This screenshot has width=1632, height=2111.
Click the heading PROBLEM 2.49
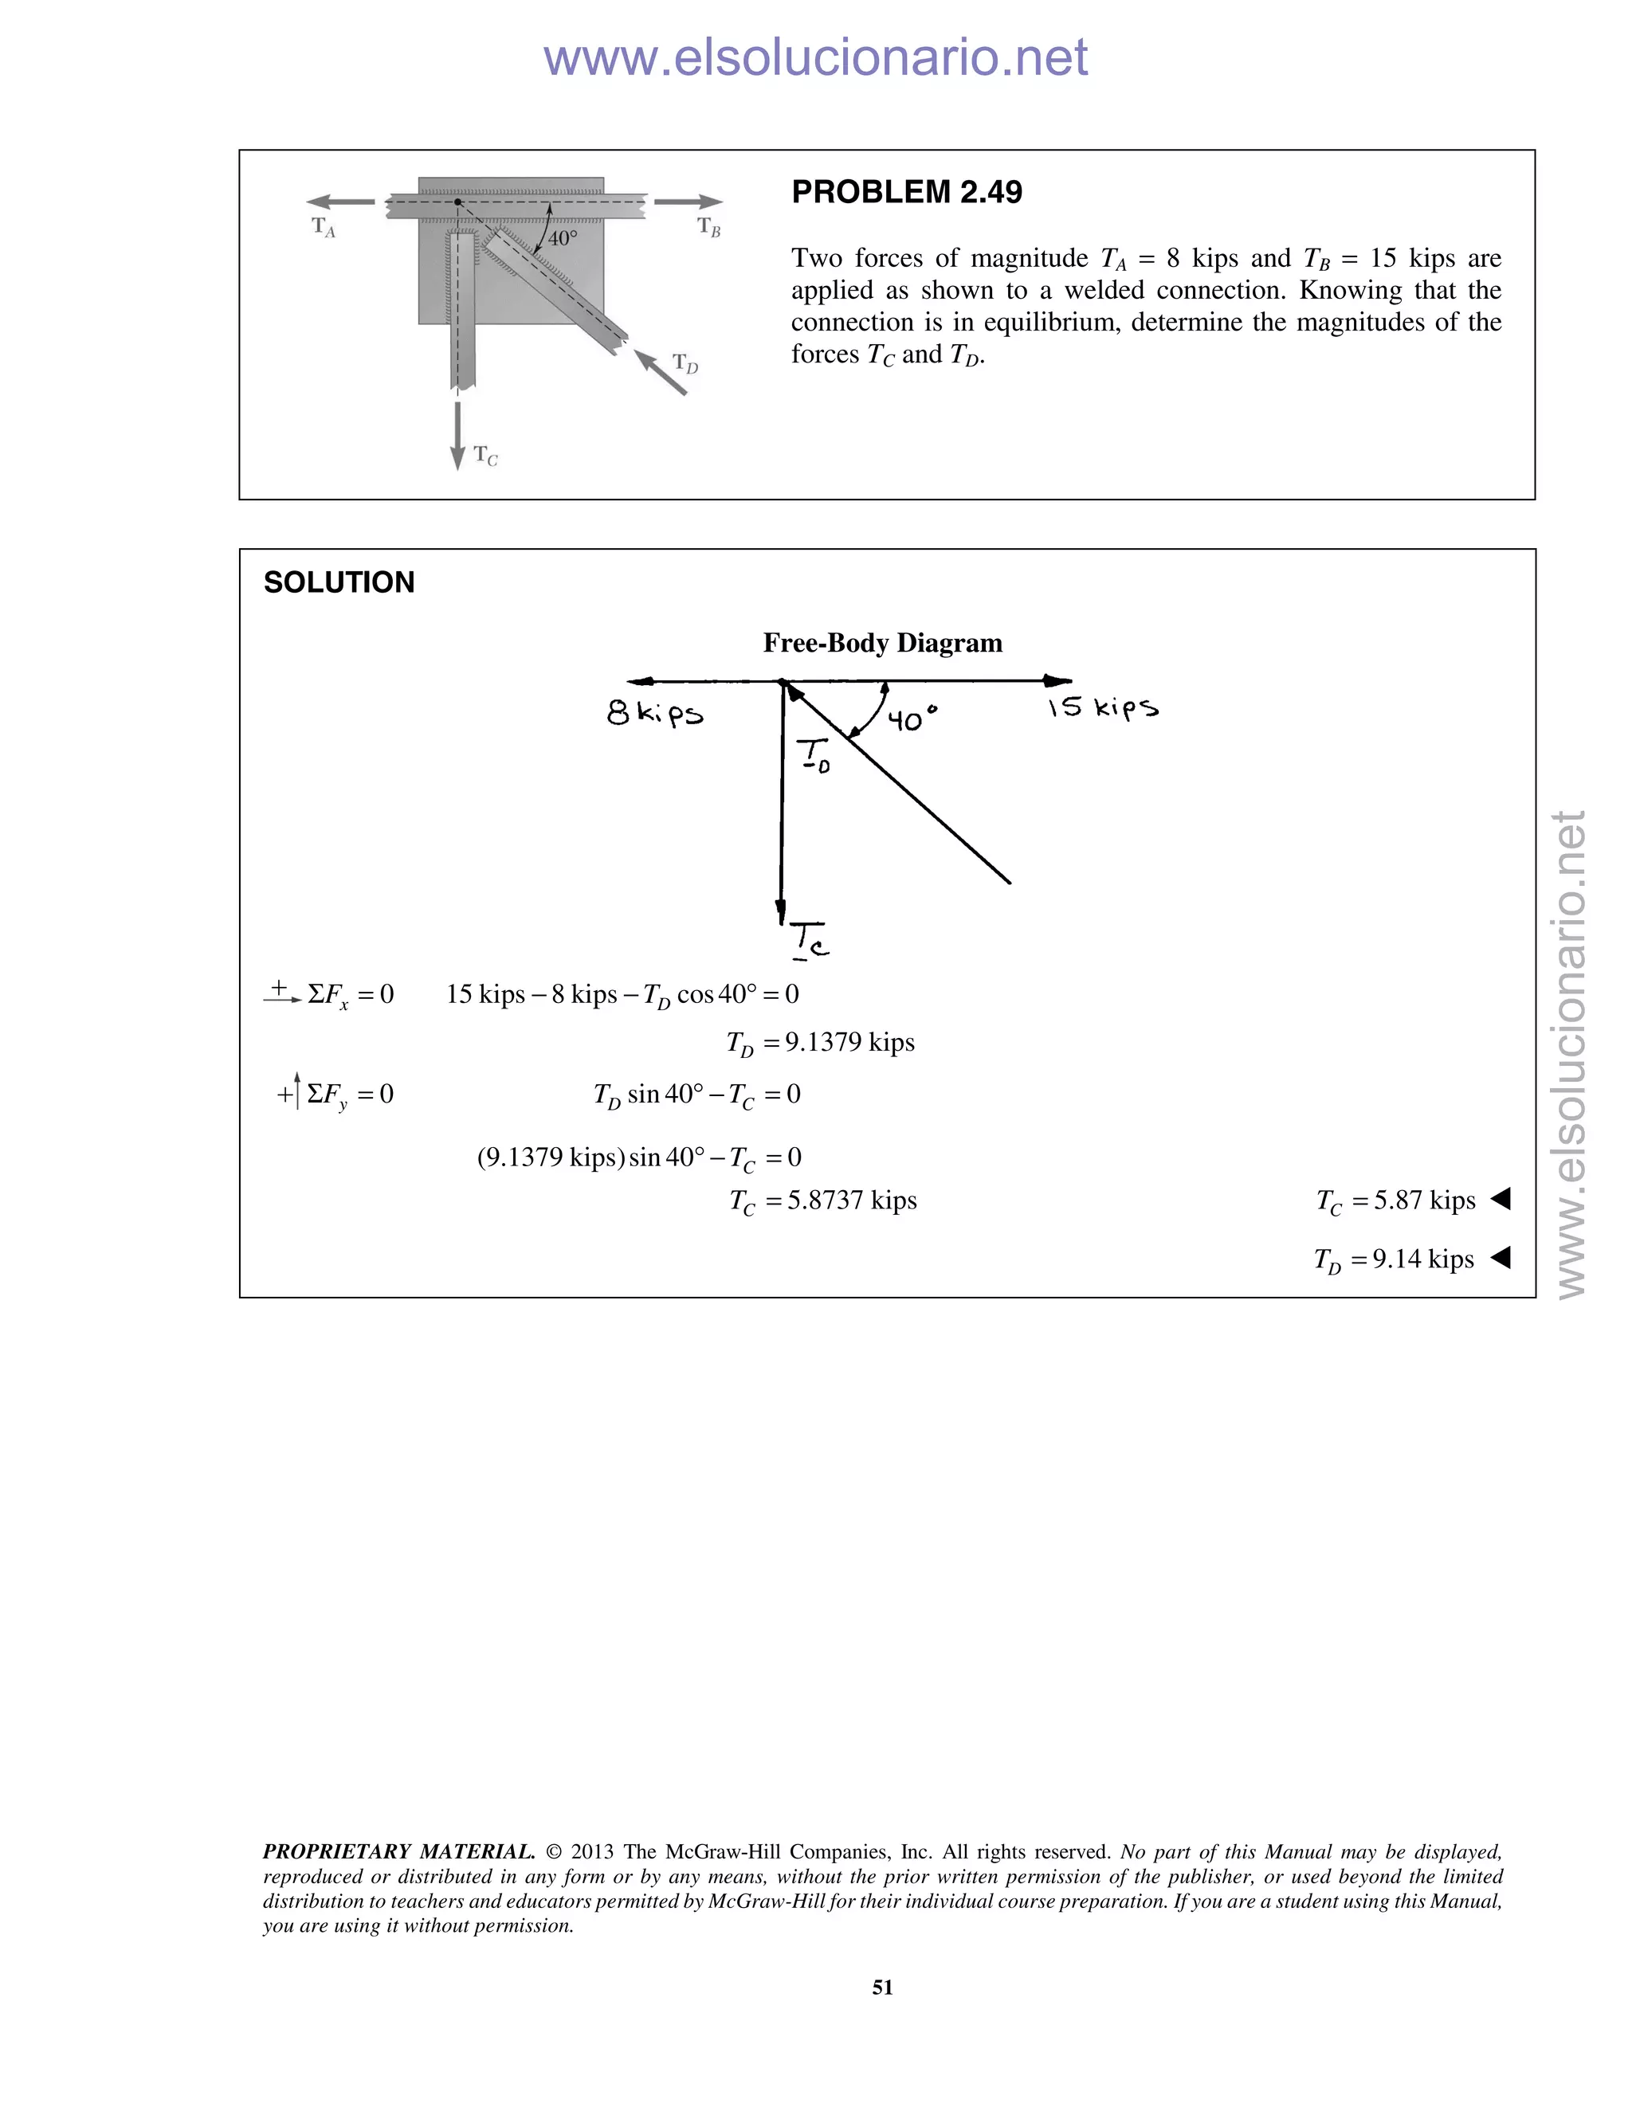pos(906,192)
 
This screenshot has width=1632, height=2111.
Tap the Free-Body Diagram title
pos(882,643)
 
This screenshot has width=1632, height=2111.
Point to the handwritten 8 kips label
pos(654,715)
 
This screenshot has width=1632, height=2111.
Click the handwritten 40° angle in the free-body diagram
pos(912,720)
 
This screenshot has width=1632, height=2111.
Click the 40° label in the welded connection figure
pos(562,237)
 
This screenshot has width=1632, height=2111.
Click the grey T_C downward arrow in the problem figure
pos(457,435)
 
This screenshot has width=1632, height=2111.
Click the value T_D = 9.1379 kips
pos(820,1043)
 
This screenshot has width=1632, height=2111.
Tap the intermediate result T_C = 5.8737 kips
pos(822,1201)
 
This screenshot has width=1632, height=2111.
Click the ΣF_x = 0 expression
pos(350,995)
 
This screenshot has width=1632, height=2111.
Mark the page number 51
pos(882,1988)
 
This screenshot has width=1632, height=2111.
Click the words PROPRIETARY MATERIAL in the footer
pos(398,1852)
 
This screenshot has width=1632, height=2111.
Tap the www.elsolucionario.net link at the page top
pos(815,58)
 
